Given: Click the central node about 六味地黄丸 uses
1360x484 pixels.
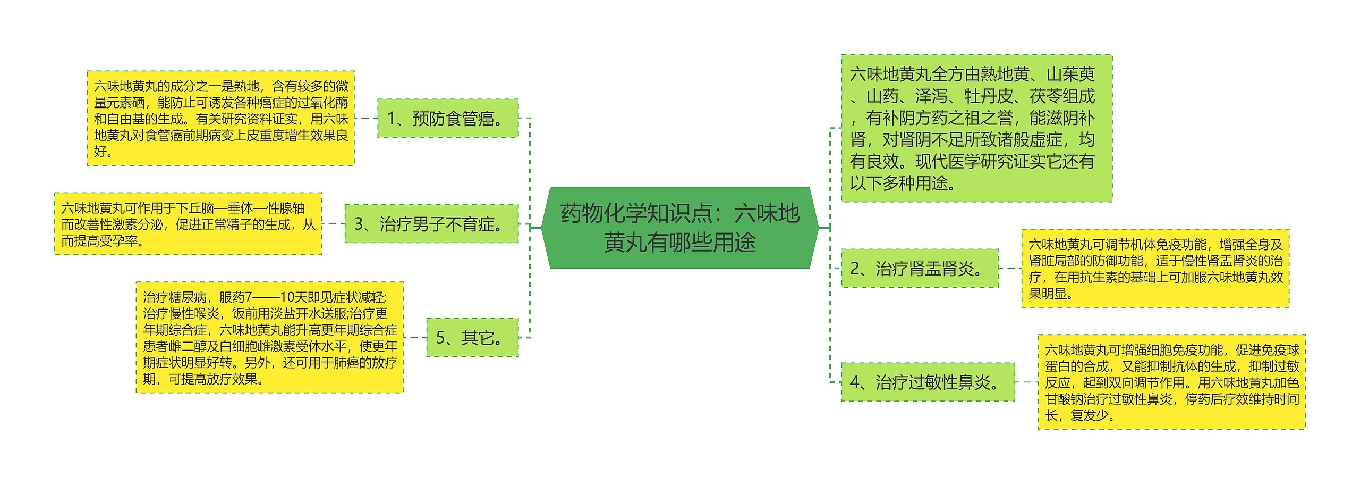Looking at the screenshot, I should [679, 228].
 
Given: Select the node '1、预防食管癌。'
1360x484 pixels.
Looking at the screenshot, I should [448, 118].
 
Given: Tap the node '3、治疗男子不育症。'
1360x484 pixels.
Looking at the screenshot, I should [431, 224].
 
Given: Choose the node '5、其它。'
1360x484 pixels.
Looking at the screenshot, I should [472, 337].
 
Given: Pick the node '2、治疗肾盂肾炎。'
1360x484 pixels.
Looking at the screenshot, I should [920, 268].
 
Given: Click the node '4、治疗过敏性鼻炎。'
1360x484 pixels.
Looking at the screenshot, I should [928, 382].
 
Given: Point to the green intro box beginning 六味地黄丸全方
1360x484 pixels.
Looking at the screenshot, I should [976, 128].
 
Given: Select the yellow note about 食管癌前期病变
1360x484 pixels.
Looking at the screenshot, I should [220, 118].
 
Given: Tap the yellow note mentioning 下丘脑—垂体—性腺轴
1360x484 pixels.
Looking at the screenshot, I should [188, 224].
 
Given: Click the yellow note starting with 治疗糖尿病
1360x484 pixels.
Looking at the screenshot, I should [270, 337].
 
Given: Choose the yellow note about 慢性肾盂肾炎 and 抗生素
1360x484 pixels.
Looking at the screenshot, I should [1155, 268].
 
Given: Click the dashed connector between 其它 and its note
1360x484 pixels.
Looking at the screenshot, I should [415, 337].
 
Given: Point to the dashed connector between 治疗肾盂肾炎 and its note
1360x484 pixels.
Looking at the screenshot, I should [1010, 268].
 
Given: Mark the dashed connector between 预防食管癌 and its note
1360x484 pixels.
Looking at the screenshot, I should [366, 118].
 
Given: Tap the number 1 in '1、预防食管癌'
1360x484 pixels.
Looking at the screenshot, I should [392, 118].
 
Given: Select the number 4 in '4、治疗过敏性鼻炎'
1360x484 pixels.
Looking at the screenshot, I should [855, 382].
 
